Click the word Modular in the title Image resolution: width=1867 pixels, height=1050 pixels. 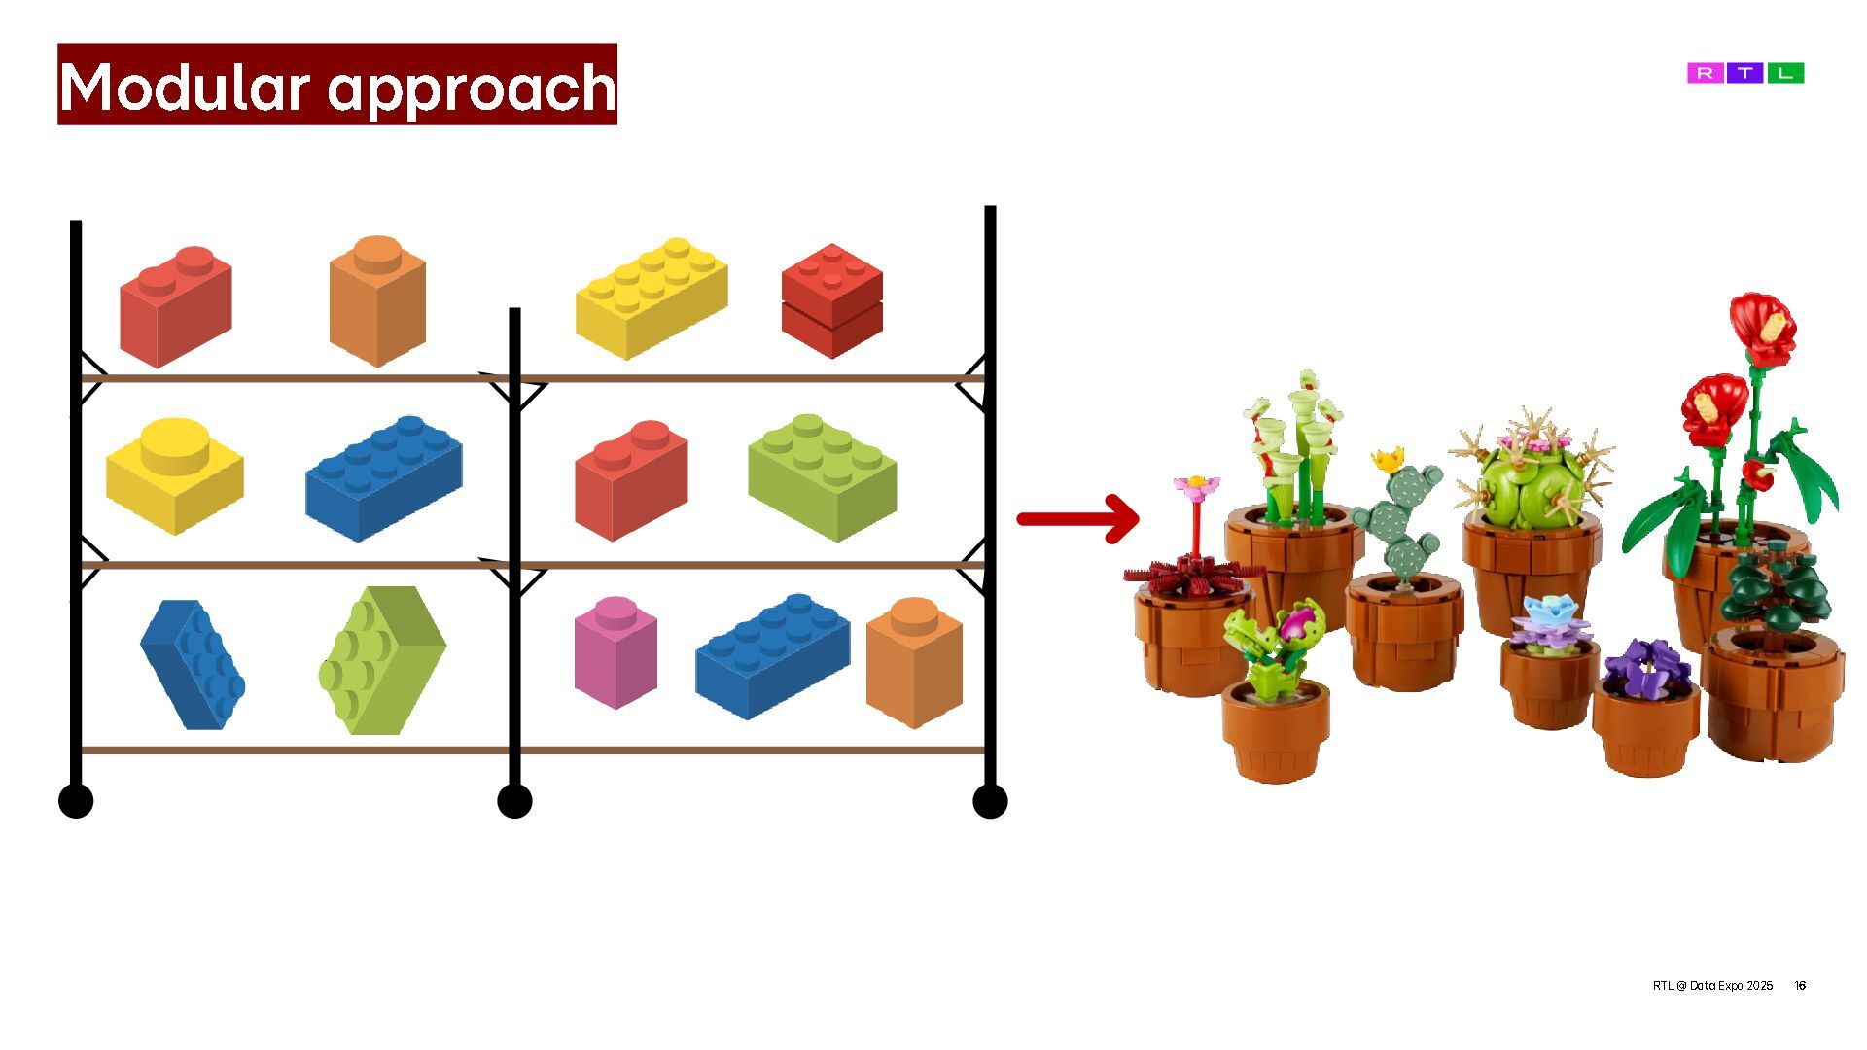click(185, 86)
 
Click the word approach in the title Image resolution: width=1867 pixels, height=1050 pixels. click(472, 87)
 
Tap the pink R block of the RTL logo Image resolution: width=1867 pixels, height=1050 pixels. click(1705, 73)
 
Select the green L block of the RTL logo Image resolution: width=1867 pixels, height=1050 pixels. click(1785, 73)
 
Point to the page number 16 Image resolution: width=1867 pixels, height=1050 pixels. click(1800, 985)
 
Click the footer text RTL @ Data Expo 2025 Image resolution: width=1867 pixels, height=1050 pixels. click(1712, 985)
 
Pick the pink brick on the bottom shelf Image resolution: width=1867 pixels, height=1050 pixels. click(616, 651)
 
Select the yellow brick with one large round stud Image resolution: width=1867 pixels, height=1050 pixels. click(174, 474)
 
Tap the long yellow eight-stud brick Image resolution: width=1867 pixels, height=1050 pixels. click(652, 297)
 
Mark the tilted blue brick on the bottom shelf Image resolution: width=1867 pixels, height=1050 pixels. click(194, 664)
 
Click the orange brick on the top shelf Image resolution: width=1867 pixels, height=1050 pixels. click(377, 299)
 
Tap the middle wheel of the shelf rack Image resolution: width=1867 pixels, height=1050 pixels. click(514, 801)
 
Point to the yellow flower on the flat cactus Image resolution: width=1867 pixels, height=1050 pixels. click(1389, 458)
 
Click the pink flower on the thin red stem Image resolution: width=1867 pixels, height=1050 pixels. click(1195, 484)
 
